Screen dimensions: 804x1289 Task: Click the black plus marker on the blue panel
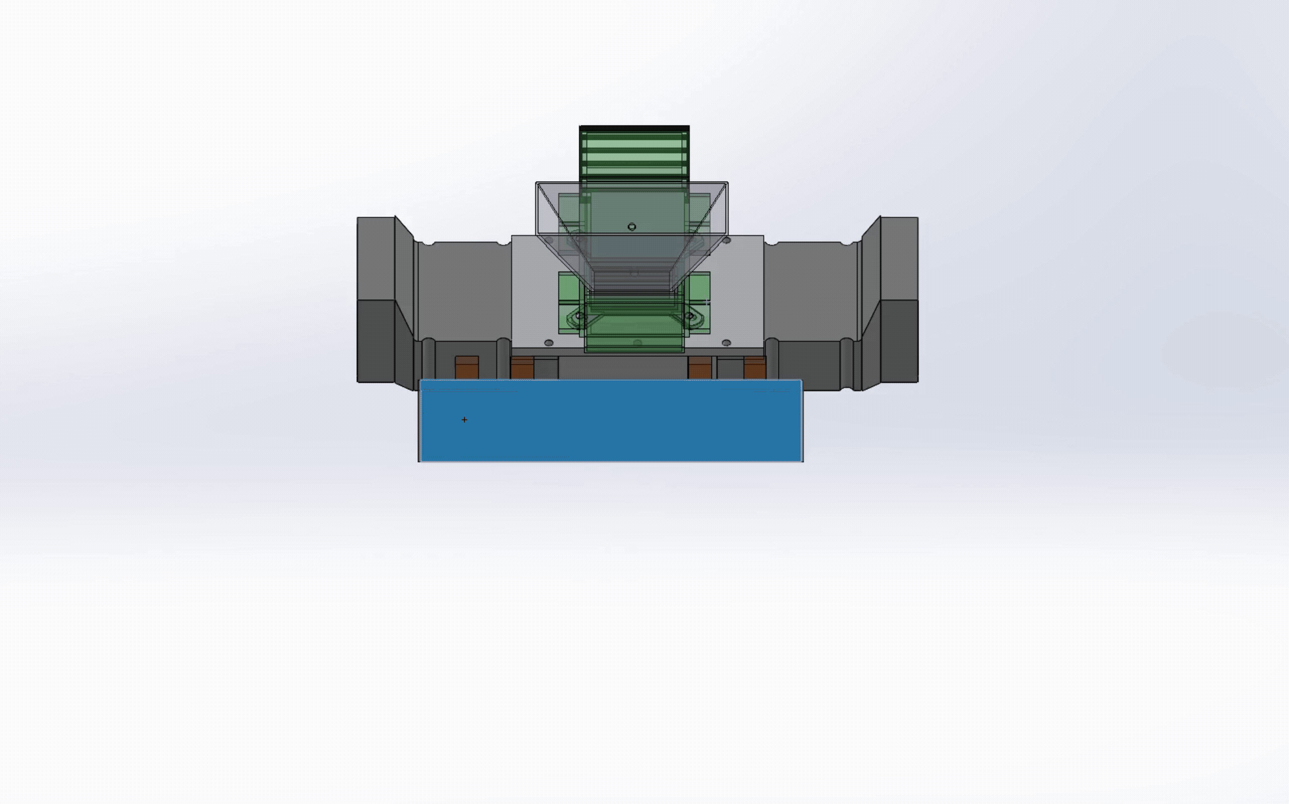click(464, 420)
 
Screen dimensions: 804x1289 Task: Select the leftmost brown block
click(467, 367)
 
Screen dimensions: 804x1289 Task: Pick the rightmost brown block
click(755, 367)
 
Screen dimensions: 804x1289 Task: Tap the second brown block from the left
click(522, 367)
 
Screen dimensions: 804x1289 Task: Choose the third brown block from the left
click(699, 367)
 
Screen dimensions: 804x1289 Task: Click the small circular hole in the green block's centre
click(632, 227)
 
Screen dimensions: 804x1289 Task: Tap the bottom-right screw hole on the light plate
click(727, 343)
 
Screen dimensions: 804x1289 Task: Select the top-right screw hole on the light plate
click(727, 240)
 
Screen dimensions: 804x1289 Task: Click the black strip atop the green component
click(634, 128)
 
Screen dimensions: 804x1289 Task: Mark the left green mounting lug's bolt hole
click(580, 316)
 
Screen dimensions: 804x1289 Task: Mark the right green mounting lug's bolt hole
click(689, 316)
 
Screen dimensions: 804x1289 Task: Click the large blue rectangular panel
click(611, 426)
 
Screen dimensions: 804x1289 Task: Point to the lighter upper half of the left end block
click(375, 258)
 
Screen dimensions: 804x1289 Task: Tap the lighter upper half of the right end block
click(899, 258)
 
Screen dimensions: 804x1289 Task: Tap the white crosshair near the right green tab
click(706, 302)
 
